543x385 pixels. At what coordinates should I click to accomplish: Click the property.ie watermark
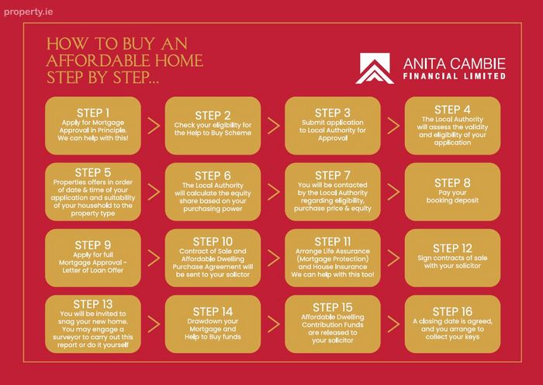[29, 12]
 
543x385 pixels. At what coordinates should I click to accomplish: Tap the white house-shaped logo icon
[375, 68]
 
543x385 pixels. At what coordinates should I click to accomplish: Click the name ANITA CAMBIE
[454, 64]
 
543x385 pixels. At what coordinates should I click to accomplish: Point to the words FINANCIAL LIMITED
[454, 76]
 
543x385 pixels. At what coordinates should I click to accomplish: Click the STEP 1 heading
[93, 113]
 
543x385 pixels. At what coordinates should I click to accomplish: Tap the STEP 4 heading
[452, 110]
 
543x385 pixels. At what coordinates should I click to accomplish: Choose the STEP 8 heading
[452, 183]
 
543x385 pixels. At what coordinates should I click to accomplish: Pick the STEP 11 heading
[333, 241]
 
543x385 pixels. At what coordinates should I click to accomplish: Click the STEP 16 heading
[452, 311]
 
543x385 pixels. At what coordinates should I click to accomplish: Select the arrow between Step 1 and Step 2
[154, 126]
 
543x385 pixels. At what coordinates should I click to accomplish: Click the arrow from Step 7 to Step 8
[394, 192]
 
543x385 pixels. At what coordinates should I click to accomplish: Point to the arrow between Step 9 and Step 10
[154, 258]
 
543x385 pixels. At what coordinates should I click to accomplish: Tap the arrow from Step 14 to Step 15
[274, 324]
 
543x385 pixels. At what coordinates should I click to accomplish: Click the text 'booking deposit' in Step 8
[452, 200]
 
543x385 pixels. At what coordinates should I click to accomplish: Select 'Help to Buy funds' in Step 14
[213, 337]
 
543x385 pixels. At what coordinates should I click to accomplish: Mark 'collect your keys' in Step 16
[452, 337]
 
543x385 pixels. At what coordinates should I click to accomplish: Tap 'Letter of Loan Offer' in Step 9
[93, 270]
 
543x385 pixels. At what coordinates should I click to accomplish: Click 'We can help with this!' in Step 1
[93, 138]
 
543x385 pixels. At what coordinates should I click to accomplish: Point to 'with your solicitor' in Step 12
[452, 265]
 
